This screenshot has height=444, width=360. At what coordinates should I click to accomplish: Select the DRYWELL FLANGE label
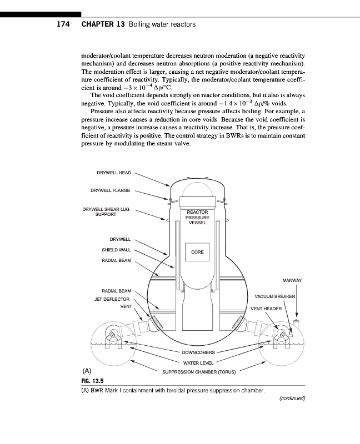[x=110, y=191]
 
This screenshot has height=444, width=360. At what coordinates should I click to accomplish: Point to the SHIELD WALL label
[x=116, y=250]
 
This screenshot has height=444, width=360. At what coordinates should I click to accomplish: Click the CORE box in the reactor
[x=197, y=252]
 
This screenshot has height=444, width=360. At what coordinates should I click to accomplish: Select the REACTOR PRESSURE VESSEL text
[x=197, y=218]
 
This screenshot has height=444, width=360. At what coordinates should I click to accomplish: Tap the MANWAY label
[x=292, y=280]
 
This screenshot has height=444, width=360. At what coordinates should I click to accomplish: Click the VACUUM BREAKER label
[x=275, y=296]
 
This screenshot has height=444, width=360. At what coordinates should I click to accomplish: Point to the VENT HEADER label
[x=267, y=308]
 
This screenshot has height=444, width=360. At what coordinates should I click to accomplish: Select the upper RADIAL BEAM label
[x=116, y=260]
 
